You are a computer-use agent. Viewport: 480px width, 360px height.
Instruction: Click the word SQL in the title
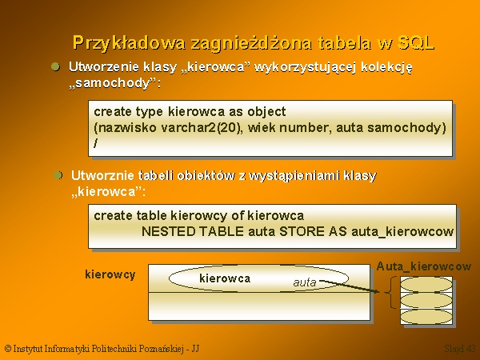416,42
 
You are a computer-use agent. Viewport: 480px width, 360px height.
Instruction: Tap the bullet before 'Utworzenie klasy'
55,66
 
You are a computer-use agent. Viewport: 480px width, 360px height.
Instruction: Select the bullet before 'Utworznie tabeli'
58,175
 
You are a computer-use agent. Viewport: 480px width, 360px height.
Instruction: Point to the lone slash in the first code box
96,143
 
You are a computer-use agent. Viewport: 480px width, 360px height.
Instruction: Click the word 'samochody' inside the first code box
406,128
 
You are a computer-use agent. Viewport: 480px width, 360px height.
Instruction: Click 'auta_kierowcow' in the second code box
402,232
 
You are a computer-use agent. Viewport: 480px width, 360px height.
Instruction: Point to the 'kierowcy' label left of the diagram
110,274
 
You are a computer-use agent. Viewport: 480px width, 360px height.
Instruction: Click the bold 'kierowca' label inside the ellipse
225,278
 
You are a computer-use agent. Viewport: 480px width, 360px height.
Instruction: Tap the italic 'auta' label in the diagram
305,282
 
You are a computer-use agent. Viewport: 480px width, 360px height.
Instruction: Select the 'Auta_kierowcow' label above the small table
424,266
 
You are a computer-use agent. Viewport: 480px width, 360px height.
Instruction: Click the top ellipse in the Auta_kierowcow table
426,285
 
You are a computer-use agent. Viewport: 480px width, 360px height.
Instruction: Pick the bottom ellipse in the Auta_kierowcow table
426,317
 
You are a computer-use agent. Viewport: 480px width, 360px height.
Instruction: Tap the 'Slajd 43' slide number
460,348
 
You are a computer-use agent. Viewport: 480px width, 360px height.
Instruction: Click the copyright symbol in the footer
8,348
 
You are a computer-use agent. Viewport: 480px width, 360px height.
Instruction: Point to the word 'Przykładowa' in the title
129,43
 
